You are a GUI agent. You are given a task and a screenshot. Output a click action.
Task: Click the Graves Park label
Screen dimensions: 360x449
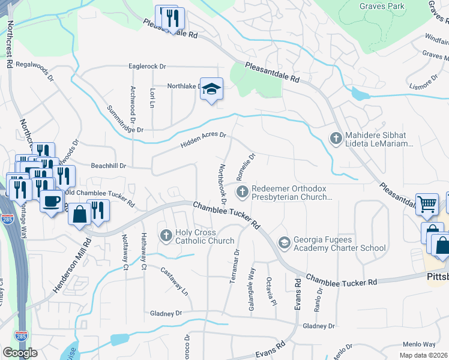tap(382, 6)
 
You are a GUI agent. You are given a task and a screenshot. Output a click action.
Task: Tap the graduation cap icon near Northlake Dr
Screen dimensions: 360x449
tap(211, 89)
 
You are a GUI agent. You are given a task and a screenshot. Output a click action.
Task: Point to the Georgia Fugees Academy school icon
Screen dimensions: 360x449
tap(284, 242)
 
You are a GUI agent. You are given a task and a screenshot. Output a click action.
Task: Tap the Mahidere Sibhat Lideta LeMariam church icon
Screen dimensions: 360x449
tap(336, 139)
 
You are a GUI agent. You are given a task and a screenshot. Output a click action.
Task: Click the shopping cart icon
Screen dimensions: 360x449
tap(426, 204)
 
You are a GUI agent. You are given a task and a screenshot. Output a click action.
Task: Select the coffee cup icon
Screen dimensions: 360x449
tap(52, 200)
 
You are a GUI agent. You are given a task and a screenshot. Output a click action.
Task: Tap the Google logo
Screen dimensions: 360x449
tap(20, 352)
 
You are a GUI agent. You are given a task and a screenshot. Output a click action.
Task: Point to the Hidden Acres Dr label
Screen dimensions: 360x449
tap(202, 140)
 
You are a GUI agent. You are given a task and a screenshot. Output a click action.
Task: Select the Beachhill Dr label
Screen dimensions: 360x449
tap(109, 166)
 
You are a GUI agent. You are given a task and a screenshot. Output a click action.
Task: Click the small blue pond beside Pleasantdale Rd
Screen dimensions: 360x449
tap(360, 94)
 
